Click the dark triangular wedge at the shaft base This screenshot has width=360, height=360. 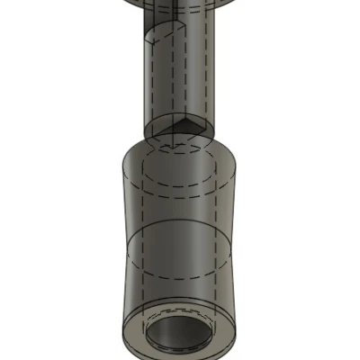[x=191, y=127]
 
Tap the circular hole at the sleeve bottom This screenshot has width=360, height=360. [x=183, y=334]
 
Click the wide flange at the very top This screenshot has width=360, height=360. [x=180, y=4]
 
